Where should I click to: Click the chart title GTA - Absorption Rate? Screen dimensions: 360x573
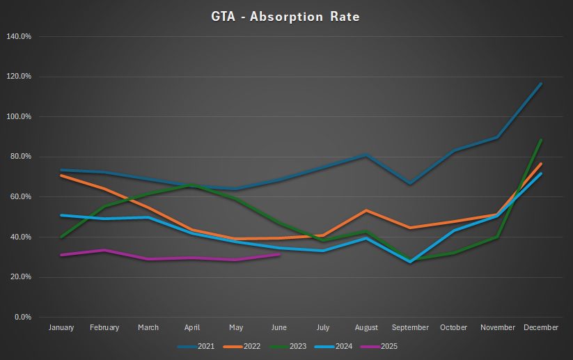tap(285, 16)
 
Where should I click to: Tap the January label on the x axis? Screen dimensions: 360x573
tap(61, 327)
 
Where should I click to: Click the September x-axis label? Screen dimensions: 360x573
tap(411, 327)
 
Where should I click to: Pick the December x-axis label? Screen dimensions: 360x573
tap(541, 327)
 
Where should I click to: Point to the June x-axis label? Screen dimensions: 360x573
tap(279, 327)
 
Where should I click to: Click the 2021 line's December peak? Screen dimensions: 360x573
tap(541, 84)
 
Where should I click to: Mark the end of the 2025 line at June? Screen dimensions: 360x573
tap(279, 254)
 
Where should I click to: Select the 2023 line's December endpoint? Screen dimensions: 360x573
tap(541, 140)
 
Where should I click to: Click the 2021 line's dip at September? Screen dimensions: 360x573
tap(410, 185)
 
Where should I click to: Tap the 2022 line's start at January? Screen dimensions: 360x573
tap(61, 175)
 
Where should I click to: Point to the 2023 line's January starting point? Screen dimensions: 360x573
tap(61, 237)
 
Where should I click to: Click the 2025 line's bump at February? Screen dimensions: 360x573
tap(104, 250)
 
